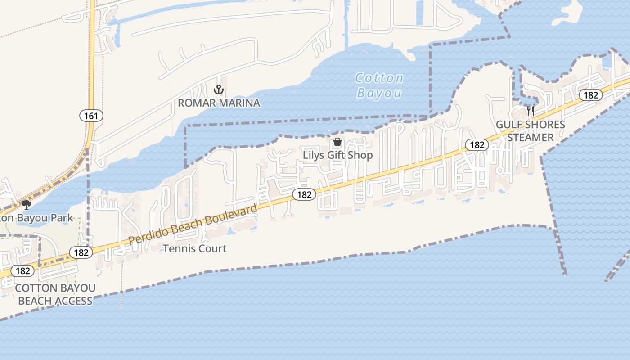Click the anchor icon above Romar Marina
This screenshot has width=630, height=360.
[219, 89]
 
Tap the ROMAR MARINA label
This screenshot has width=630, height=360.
[219, 103]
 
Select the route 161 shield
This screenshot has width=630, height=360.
[91, 116]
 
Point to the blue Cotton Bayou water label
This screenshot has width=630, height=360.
[379, 85]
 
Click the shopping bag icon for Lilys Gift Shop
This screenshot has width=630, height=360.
[337, 142]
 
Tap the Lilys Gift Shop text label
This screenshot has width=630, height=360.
[337, 155]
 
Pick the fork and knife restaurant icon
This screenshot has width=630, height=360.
[531, 111]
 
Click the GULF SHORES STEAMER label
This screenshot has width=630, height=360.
[531, 131]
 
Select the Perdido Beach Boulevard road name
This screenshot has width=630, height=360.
[193, 224]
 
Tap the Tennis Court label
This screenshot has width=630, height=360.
[195, 248]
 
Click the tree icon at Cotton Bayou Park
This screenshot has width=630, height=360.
[26, 205]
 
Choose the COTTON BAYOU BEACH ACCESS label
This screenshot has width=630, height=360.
[55, 294]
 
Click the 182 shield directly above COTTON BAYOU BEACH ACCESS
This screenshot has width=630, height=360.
[22, 271]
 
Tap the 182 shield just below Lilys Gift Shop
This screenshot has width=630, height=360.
[304, 194]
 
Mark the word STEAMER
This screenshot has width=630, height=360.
[531, 137]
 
